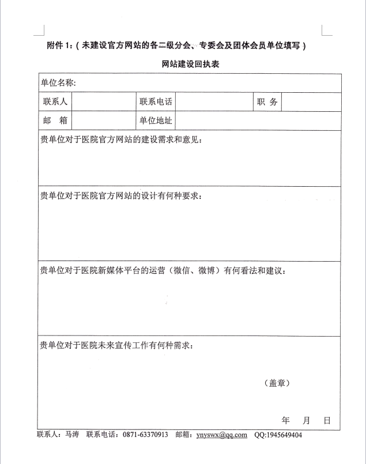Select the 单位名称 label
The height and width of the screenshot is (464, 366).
58,83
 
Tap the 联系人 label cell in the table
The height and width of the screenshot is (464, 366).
55,102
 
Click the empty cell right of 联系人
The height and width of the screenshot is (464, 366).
104,102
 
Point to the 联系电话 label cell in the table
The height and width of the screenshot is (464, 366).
156,102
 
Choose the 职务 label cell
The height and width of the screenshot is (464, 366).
267,102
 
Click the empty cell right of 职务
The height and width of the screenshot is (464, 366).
311,102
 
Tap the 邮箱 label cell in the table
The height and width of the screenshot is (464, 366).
55,121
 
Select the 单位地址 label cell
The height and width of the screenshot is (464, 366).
156,121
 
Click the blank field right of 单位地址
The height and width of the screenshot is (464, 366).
258,121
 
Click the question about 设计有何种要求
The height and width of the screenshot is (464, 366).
120,195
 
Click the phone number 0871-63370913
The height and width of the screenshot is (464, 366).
145,435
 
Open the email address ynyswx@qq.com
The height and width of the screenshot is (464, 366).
221,435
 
